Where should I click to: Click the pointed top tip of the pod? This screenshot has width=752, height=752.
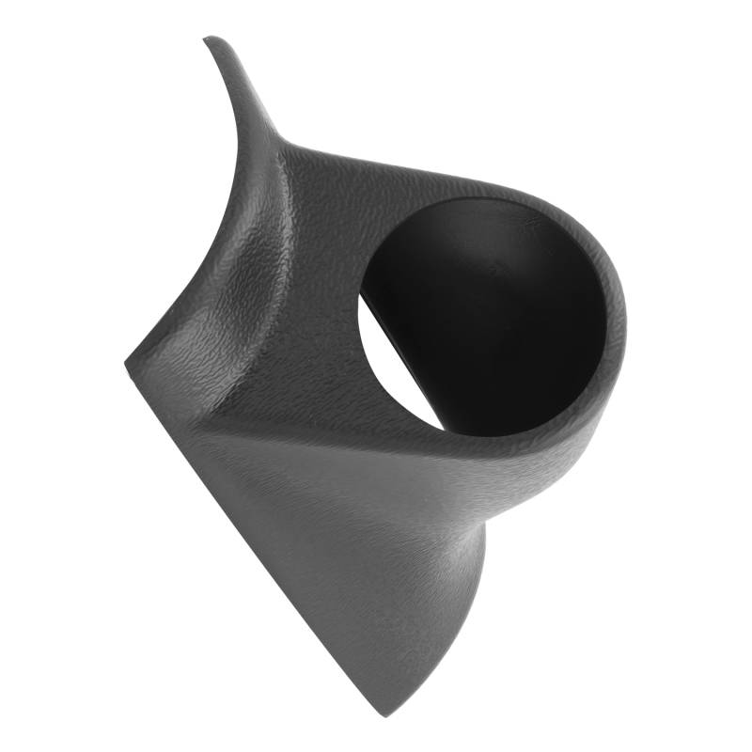(x=209, y=39)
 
